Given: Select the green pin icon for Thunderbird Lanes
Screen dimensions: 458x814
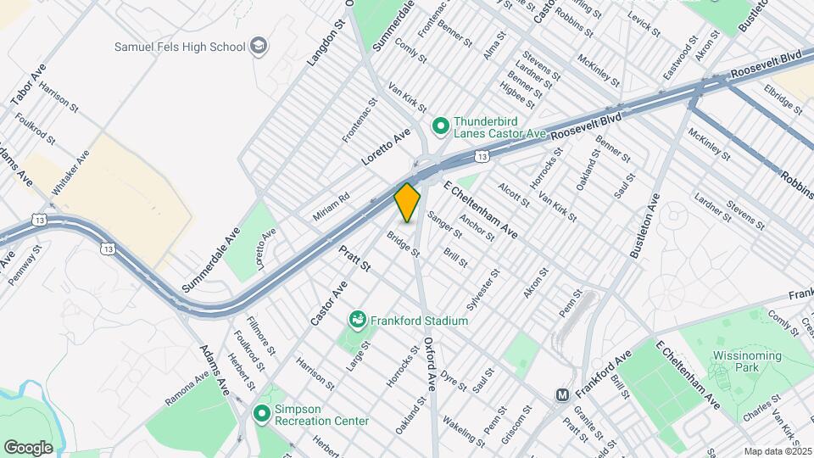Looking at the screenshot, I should click(440, 126).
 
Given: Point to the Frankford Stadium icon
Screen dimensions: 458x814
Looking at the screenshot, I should click(358, 321).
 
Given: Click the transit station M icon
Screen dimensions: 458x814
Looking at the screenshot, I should click(561, 395).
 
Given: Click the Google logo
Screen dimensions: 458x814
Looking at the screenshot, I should click(29, 447).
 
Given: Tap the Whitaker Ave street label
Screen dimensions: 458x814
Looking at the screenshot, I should click(70, 173).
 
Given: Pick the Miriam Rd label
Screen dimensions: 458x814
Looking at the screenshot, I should click(331, 207).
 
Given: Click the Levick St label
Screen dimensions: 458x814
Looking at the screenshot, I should click(644, 22).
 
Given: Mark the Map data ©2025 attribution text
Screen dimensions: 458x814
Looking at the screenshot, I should click(777, 451).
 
